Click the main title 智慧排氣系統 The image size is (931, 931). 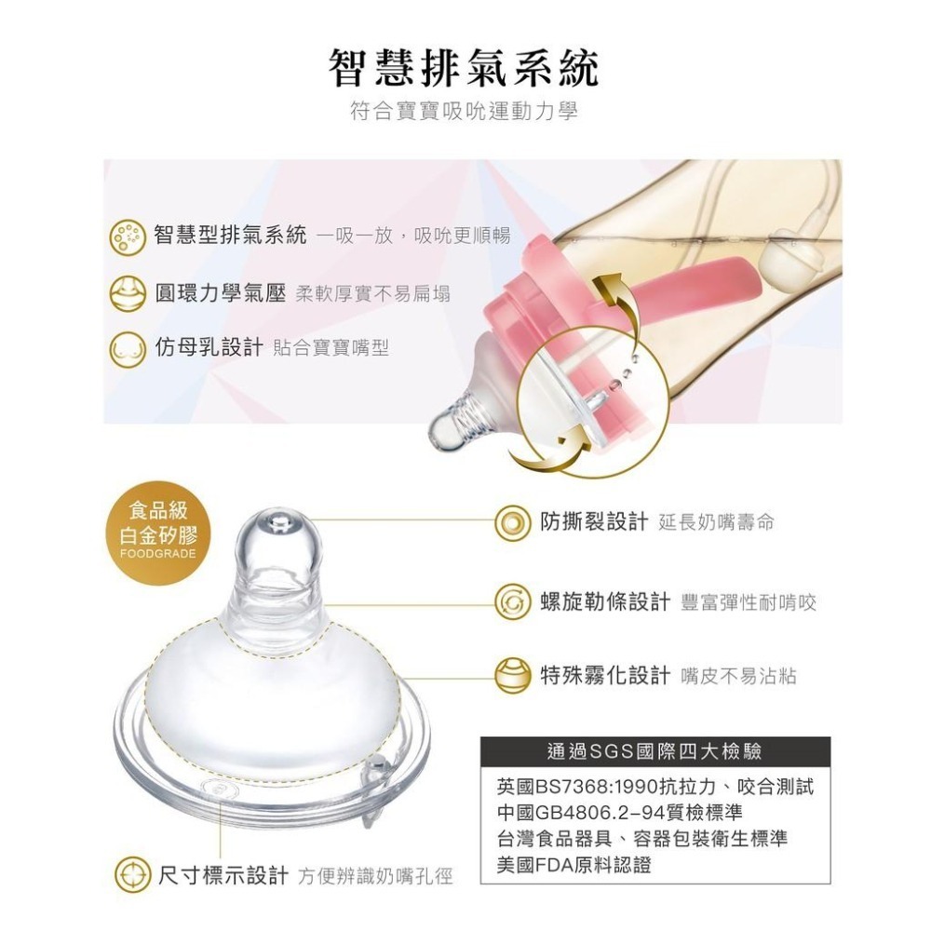point(465,68)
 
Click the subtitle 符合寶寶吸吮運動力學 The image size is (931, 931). point(465,113)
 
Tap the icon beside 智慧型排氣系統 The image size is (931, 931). point(128,236)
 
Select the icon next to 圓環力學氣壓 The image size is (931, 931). point(128,293)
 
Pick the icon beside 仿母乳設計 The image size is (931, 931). point(128,349)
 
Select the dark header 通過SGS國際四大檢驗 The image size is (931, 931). point(656,750)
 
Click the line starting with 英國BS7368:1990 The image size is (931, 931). point(655,788)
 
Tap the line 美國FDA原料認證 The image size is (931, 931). point(574,865)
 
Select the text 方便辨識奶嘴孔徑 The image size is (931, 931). point(375,877)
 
